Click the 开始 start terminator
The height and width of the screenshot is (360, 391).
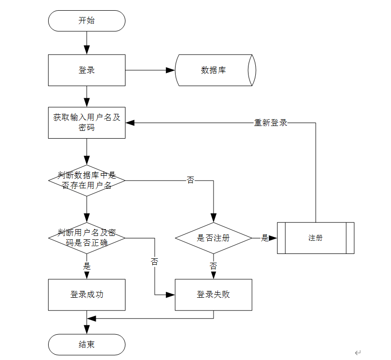87,21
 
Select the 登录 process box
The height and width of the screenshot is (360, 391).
87,71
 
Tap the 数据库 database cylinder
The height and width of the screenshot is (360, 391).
215,71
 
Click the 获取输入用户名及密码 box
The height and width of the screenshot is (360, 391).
87,123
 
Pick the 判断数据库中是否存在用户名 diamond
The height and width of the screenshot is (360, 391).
87,180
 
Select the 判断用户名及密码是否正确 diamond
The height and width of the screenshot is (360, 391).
87,238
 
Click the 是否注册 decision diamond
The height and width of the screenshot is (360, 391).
213,238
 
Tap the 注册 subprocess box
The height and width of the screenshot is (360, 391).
316,238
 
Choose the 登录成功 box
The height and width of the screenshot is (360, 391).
87,295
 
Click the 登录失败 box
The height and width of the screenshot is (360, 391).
213,295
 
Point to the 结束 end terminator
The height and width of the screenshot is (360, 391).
87,344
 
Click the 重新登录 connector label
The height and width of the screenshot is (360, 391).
270,123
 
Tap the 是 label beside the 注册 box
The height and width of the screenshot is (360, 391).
265,238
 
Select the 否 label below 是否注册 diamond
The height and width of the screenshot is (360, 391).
213,266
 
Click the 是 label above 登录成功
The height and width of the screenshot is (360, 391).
87,266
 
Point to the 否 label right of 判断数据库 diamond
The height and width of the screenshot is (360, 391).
191,180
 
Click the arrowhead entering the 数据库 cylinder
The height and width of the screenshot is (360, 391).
171,71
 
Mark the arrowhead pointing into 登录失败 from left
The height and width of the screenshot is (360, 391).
171,295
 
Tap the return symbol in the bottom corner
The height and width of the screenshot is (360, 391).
358,353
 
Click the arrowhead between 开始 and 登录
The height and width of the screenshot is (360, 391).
87,50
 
